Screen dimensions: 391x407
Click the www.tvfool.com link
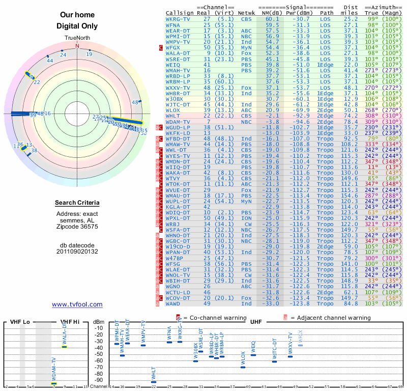77,304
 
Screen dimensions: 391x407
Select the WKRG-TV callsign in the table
178,18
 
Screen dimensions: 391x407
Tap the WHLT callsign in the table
173,116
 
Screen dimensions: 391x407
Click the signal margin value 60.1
272,18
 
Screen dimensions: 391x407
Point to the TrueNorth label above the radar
77,38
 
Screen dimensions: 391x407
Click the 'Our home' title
77,15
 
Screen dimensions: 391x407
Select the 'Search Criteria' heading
77,203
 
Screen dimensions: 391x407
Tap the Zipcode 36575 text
77,227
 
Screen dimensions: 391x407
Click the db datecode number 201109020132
77,252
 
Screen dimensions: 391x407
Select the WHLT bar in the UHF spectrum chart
154,381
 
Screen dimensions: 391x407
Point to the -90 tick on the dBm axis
99,380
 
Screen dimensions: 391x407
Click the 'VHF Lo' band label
19,322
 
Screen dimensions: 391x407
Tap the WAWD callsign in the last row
173,304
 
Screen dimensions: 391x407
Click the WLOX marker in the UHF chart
243,367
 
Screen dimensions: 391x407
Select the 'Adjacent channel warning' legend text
331,318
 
